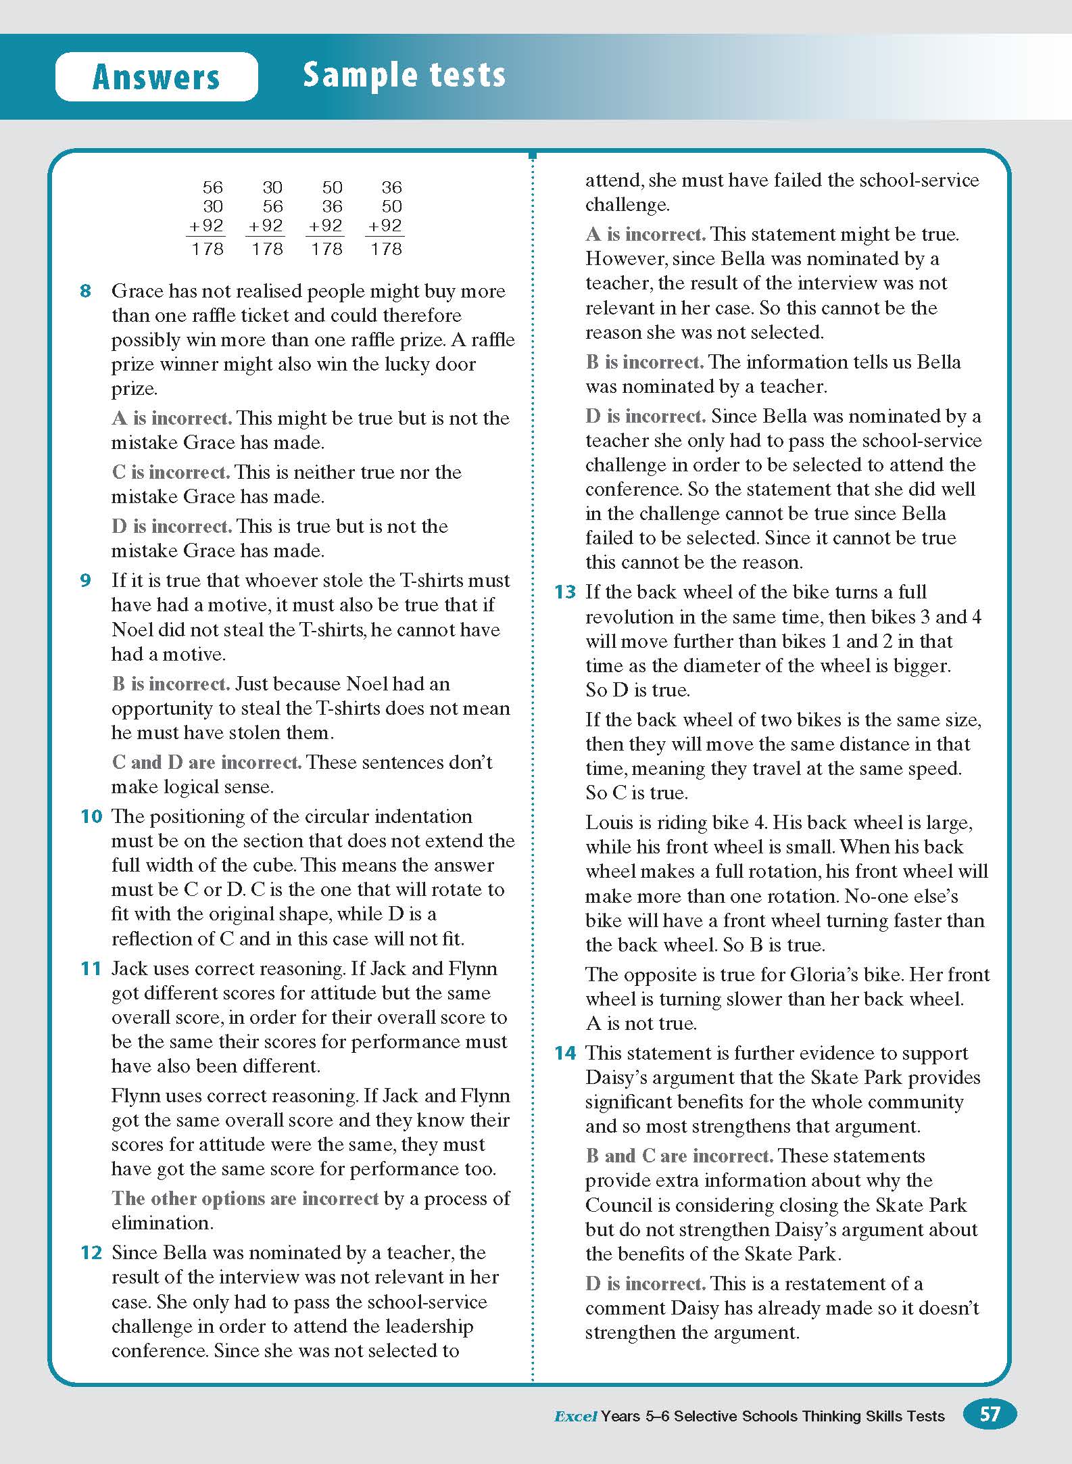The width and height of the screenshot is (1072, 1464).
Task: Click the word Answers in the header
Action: [x=156, y=76]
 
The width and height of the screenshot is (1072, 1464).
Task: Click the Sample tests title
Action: [x=404, y=74]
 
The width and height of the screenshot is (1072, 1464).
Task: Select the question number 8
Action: [x=86, y=291]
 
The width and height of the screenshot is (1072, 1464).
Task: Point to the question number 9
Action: [x=86, y=581]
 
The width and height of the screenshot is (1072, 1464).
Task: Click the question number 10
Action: [x=91, y=817]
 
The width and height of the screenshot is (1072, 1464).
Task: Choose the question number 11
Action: [x=91, y=969]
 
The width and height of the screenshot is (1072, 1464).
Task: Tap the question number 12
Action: [x=91, y=1253]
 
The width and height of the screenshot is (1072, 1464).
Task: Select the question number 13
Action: [x=565, y=592]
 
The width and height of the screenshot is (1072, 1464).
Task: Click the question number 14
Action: [x=565, y=1054]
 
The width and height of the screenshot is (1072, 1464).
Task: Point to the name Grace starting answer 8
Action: [x=137, y=291]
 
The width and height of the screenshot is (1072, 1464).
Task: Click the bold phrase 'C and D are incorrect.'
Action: [x=206, y=763]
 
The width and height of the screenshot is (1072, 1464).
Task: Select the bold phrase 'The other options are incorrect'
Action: [x=245, y=1199]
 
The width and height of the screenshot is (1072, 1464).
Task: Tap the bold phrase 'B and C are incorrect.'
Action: [x=679, y=1156]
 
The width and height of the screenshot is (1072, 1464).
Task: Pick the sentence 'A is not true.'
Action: [x=641, y=1024]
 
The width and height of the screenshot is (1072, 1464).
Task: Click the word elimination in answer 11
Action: [x=162, y=1223]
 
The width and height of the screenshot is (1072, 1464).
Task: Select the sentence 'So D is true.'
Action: [x=637, y=690]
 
